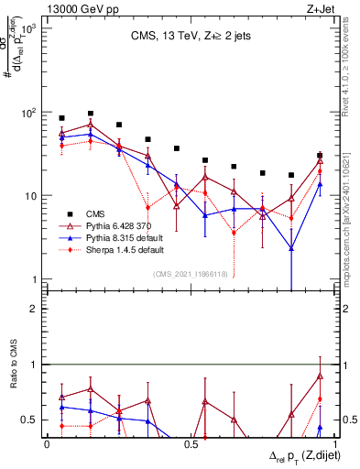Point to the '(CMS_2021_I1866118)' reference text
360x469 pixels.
pos(191,273)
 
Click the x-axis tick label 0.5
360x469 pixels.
pos(191,443)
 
